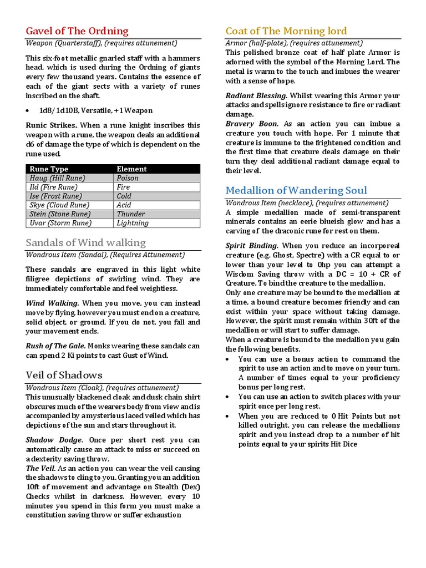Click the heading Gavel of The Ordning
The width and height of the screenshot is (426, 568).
(x=77, y=31)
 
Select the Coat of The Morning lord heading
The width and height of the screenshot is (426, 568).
(x=286, y=31)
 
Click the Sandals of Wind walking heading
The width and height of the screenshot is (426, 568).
(x=86, y=242)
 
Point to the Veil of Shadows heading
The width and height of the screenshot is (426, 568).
(x=64, y=375)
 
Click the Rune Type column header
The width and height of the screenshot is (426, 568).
(x=49, y=169)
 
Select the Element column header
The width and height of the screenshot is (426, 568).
(x=131, y=169)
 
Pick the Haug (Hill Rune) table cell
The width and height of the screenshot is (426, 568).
(x=53, y=178)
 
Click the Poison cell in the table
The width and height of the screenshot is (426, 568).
(x=128, y=178)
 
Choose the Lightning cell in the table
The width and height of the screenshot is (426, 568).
(x=133, y=223)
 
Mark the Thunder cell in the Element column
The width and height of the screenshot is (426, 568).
(x=131, y=214)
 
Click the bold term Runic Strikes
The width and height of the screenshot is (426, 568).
(x=52, y=125)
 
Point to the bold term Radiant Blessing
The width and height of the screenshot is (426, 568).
(x=256, y=95)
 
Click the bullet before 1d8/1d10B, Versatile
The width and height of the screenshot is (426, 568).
(x=28, y=111)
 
